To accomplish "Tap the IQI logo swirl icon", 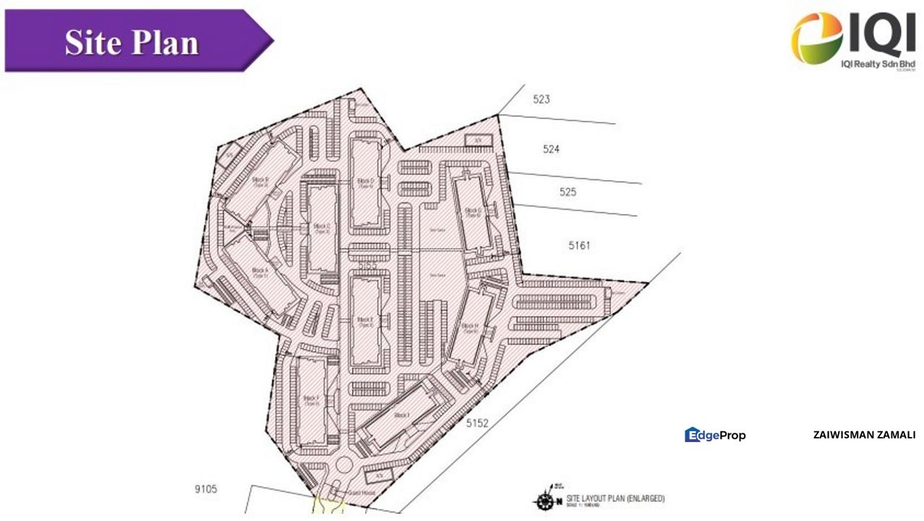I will [x=816, y=38].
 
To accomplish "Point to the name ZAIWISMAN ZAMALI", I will [x=864, y=435].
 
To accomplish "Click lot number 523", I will [x=541, y=99].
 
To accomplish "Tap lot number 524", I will [x=551, y=149].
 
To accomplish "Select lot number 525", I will [x=568, y=192].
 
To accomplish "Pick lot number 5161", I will [x=578, y=245].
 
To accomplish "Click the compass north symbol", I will [x=544, y=501].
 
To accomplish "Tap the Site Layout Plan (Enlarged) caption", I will [x=615, y=499].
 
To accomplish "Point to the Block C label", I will [x=322, y=229].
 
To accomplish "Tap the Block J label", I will [x=402, y=415].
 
